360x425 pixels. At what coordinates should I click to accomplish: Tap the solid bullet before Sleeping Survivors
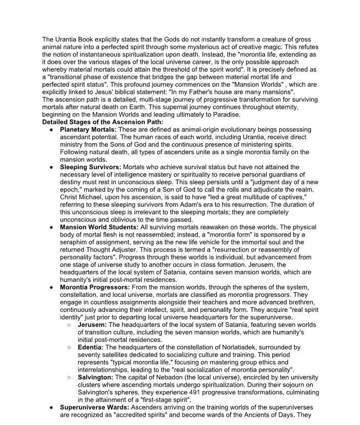51,168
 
